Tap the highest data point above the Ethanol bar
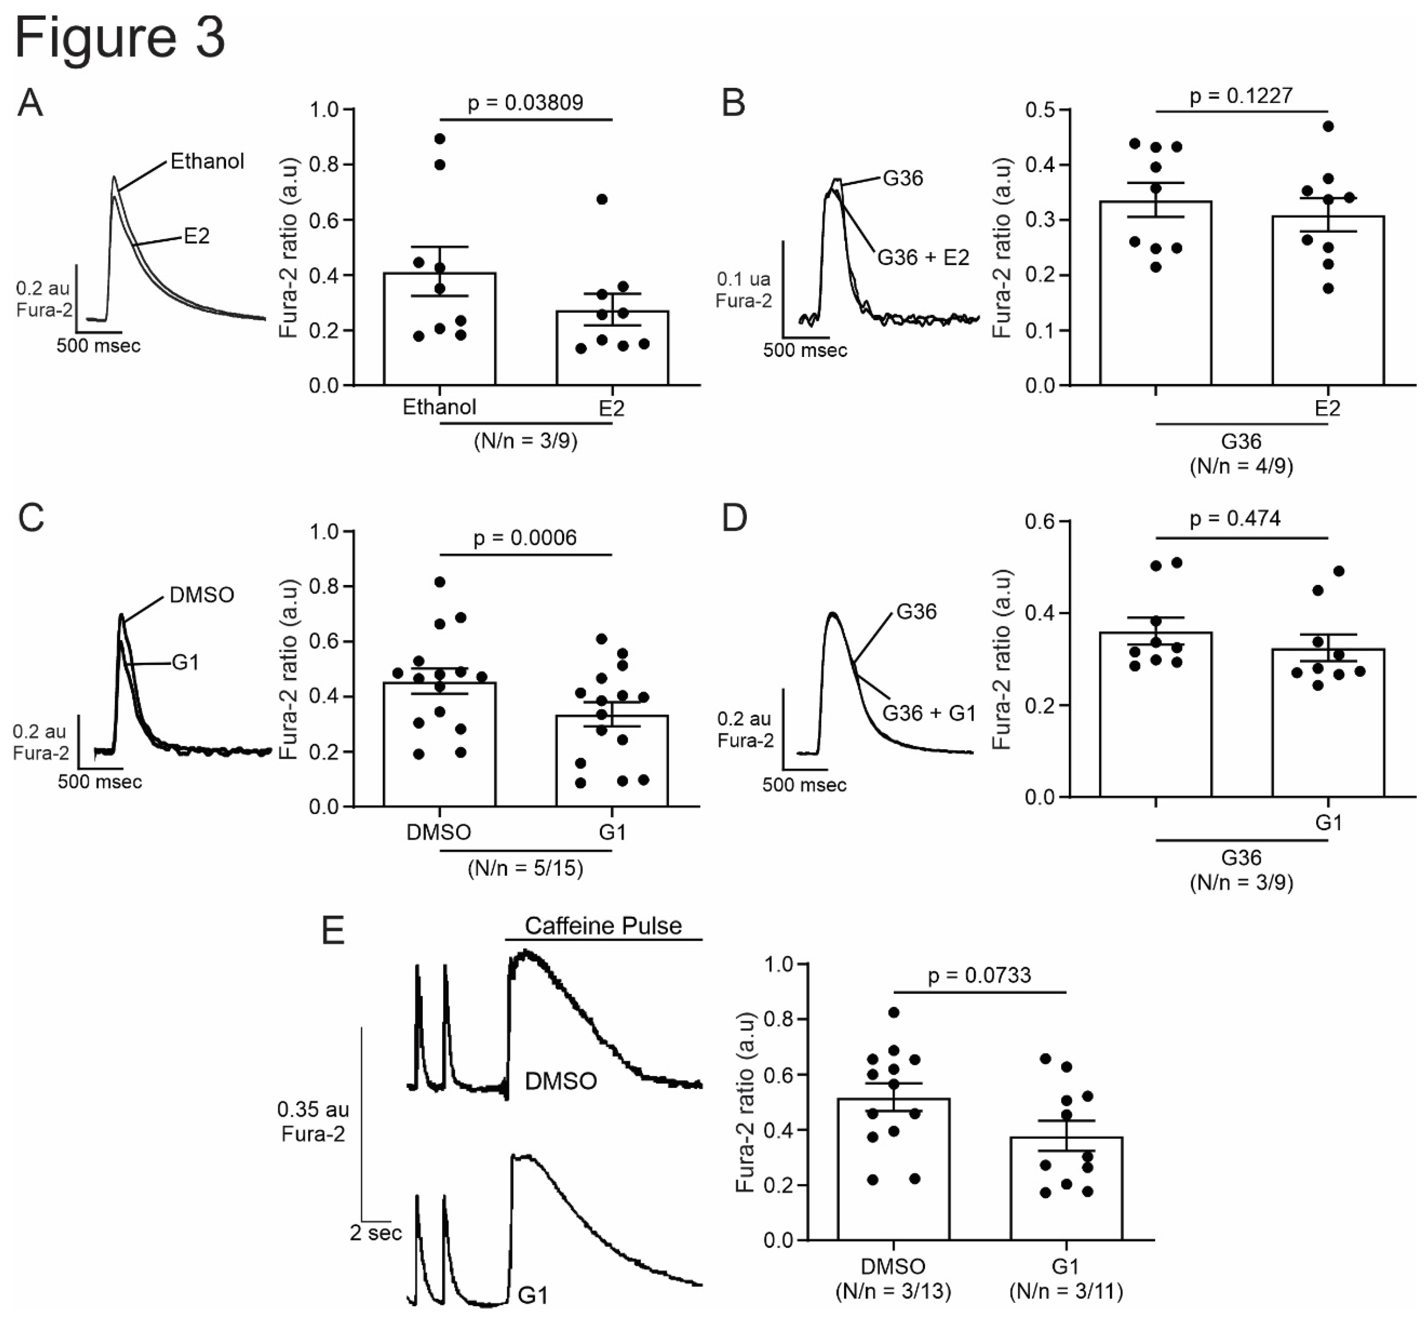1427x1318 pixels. (440, 139)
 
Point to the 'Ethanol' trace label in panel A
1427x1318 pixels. (207, 161)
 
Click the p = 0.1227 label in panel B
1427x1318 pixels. (1241, 95)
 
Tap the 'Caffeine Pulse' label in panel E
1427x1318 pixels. (603, 926)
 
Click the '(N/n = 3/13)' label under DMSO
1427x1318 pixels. (893, 1291)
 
